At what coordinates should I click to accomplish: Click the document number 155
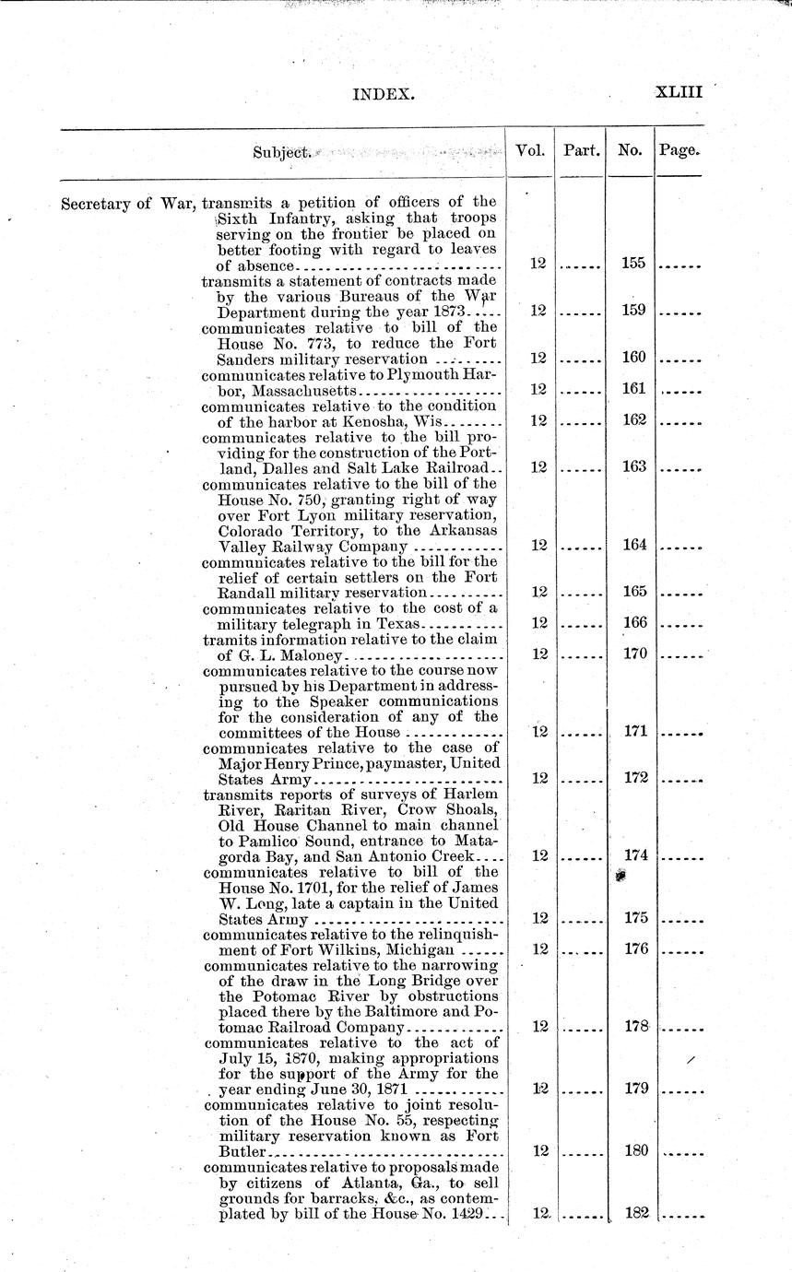coord(633,264)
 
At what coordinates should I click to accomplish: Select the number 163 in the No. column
coord(633,466)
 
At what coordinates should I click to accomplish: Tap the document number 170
coord(633,654)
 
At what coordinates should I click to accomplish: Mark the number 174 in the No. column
coord(633,855)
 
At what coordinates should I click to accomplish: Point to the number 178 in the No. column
coord(633,1026)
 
